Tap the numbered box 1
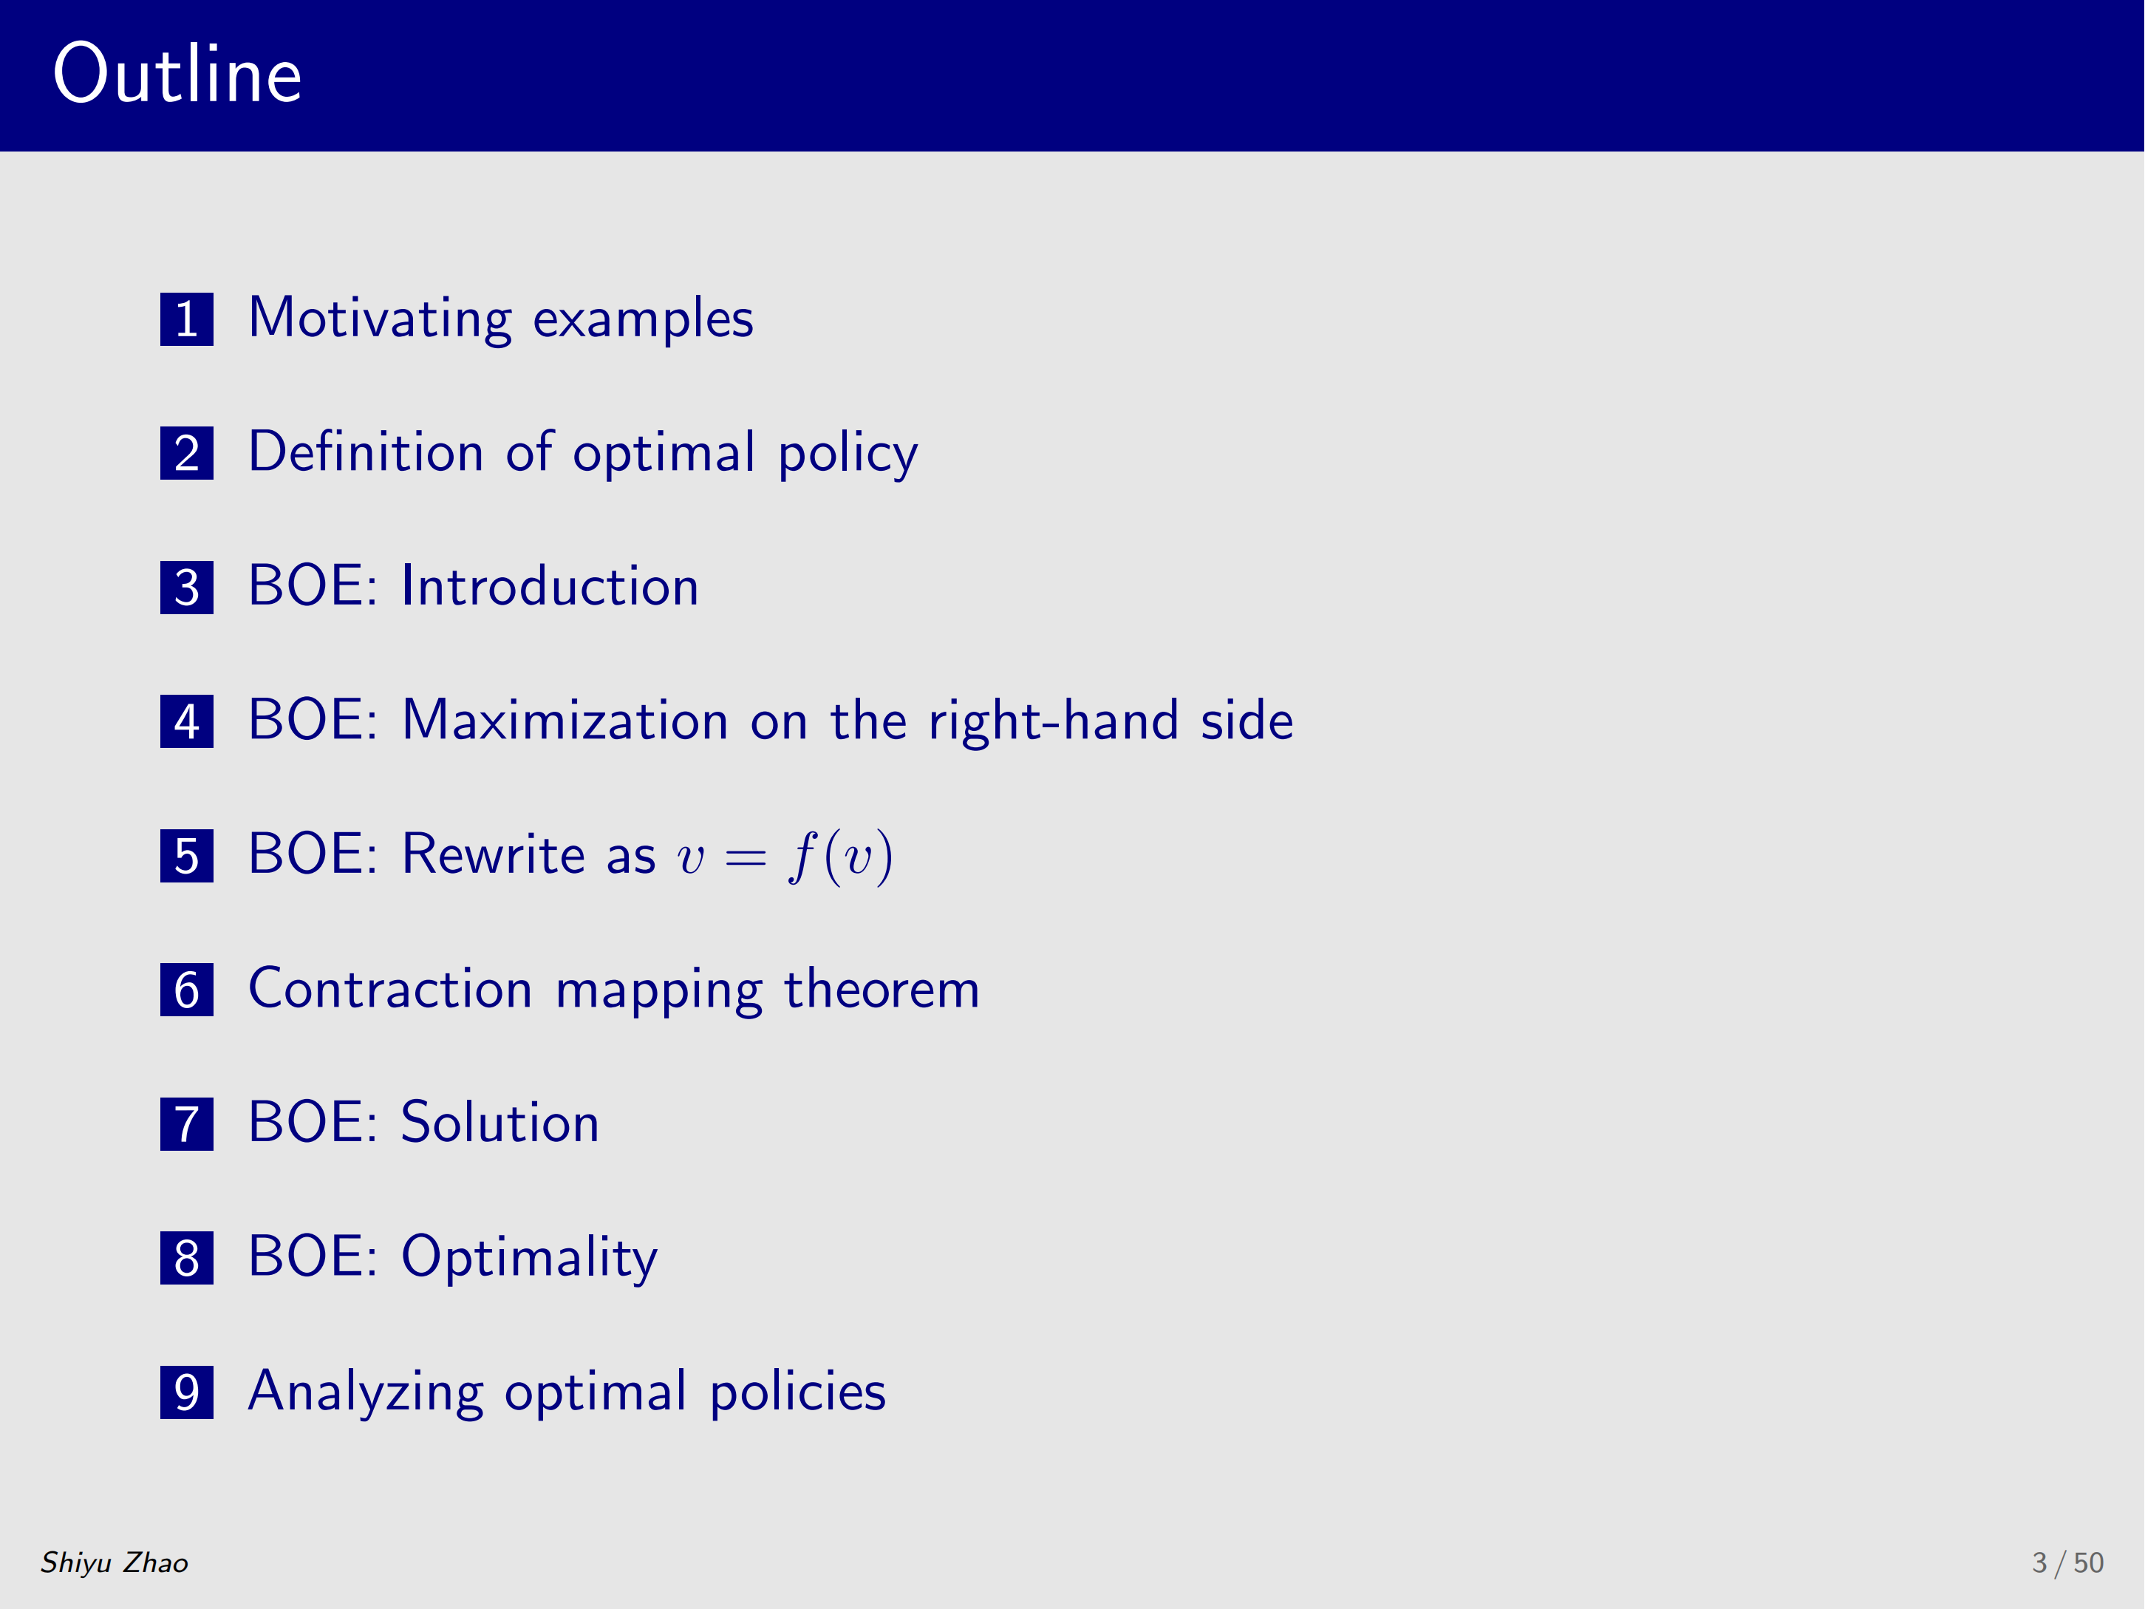186,319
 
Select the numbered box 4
186,721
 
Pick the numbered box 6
186,990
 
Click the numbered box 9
186,1392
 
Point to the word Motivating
379,319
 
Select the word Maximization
565,721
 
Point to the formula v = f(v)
785,857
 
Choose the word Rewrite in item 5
493,854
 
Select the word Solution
499,1123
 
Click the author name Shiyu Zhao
115,1562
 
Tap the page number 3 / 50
2067,1562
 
